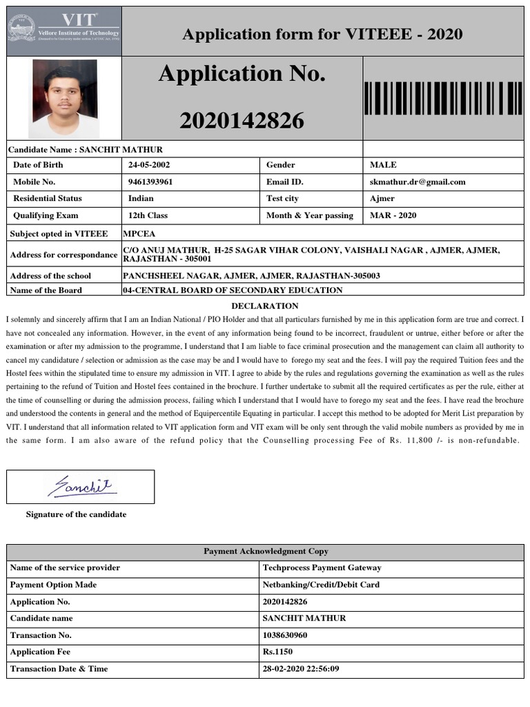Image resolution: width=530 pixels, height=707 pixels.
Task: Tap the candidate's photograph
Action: pos(63,98)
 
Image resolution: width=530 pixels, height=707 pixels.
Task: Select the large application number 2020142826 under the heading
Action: pos(242,121)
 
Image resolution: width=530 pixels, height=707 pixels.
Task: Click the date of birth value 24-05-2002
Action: pos(149,165)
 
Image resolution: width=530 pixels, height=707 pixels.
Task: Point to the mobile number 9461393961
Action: pos(150,182)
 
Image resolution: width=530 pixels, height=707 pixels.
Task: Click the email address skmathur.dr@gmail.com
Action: pos(418,182)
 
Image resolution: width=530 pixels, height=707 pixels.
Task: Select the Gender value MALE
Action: pos(383,165)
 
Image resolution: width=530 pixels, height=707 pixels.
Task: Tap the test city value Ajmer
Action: pos(382,199)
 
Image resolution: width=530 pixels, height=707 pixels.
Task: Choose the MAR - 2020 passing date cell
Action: pos(393,215)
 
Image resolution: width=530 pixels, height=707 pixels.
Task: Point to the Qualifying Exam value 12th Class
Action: pos(148,215)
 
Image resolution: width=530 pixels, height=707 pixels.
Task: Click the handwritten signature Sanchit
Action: pos(81,486)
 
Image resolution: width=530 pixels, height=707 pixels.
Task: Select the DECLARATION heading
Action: pos(265,306)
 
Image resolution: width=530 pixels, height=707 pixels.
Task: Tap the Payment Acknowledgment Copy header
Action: pos(266,552)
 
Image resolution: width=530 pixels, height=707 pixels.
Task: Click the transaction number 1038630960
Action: pos(285,635)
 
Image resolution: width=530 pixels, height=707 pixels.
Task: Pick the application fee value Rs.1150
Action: pos(277,652)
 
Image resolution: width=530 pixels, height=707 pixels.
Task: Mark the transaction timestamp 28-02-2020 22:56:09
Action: pos(301,669)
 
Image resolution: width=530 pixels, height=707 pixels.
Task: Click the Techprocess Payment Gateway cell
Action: pos(322,568)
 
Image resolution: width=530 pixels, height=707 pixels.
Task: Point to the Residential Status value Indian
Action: pos(141,199)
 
